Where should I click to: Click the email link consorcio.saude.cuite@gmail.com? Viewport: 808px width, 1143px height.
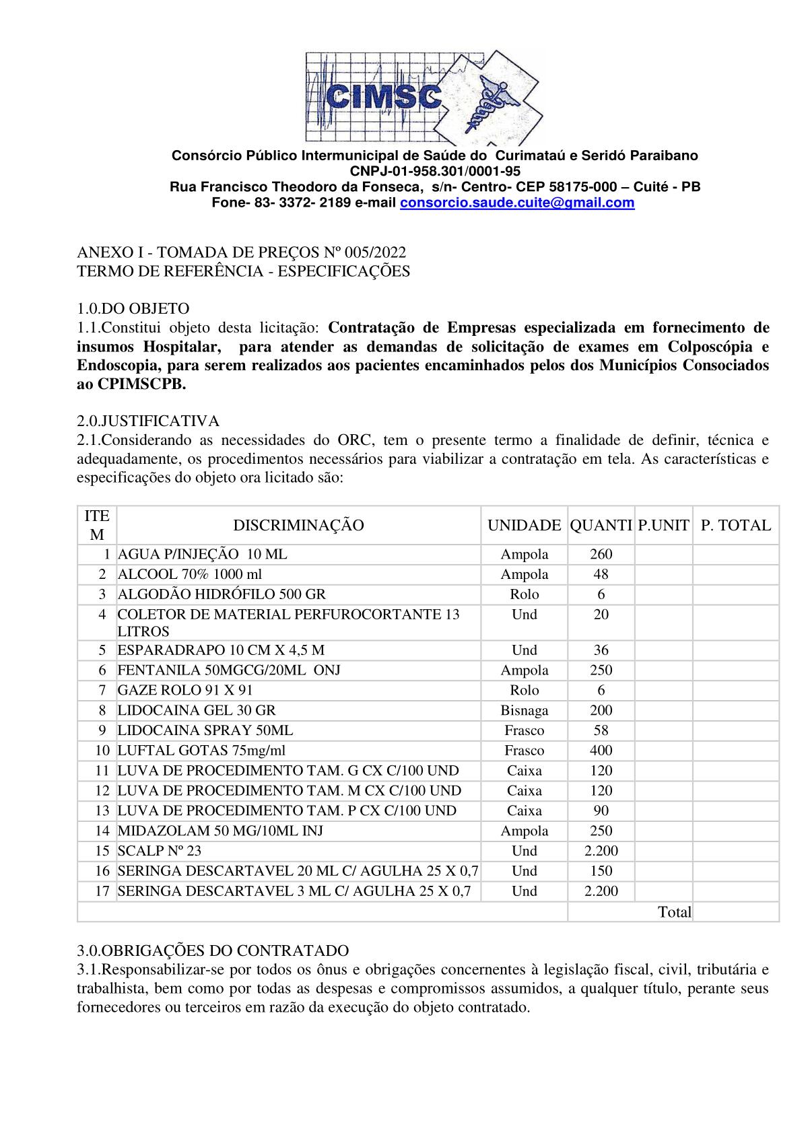[517, 203]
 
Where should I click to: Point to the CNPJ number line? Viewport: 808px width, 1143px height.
[434, 171]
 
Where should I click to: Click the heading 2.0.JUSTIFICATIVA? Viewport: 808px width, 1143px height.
[148, 421]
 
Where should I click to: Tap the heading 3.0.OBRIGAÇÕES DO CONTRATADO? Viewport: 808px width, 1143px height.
[213, 950]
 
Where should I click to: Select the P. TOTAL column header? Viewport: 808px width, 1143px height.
[735, 525]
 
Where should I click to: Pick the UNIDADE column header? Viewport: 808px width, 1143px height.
[524, 525]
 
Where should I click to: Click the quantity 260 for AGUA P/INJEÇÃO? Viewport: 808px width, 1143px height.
[601, 554]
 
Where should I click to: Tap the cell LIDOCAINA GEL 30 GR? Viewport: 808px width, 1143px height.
[197, 710]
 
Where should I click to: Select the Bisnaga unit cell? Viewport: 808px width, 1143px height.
[524, 710]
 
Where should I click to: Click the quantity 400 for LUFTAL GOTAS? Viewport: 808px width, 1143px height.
[601, 750]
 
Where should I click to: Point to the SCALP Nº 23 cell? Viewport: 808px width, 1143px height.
[160, 850]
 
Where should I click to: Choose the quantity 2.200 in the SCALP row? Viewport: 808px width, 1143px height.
[601, 850]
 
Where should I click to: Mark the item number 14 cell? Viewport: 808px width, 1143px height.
[102, 831]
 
